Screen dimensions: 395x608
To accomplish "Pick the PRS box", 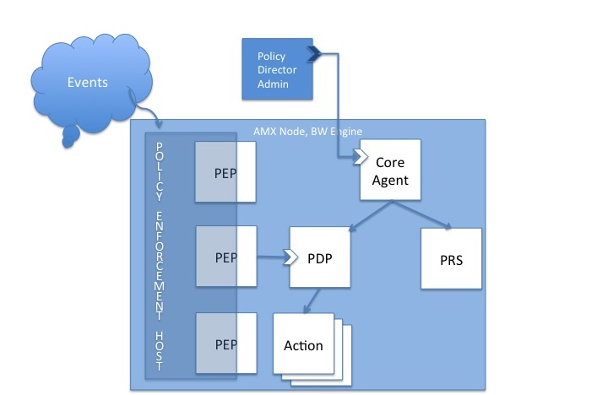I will coord(451,258).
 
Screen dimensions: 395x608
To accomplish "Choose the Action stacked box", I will coord(304,346).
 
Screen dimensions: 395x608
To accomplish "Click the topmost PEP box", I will coord(225,172).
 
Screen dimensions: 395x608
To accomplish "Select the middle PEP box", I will coord(225,256).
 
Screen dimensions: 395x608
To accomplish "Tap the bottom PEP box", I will coord(225,344).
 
